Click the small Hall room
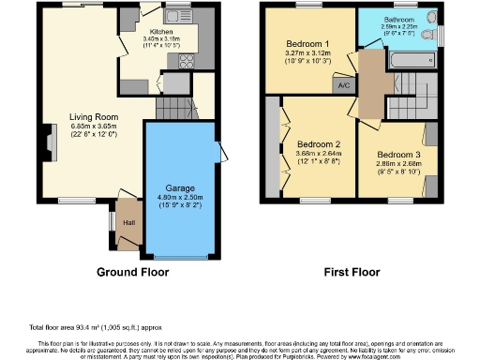pyautogui.click(x=127, y=222)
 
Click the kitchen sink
pyautogui.click(x=175, y=16)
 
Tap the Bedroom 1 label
pyautogui.click(x=307, y=43)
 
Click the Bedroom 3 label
pyautogui.click(x=399, y=154)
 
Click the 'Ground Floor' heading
pyautogui.click(x=132, y=273)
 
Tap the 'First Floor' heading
pyautogui.click(x=350, y=273)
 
